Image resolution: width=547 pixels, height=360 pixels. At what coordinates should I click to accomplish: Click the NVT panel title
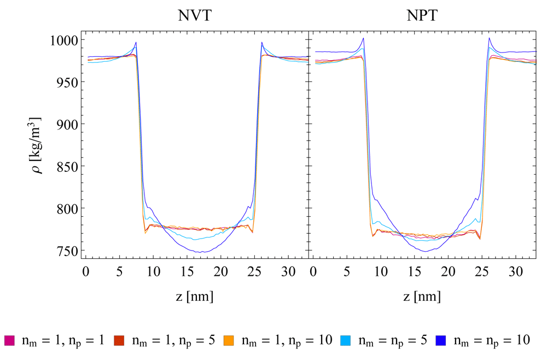[195, 15]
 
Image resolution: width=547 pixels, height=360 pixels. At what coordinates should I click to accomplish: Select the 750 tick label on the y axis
[67, 251]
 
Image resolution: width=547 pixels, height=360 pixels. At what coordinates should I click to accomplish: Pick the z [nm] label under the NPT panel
[421, 297]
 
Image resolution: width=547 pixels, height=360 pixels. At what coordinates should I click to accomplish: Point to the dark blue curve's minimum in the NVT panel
[202, 252]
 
